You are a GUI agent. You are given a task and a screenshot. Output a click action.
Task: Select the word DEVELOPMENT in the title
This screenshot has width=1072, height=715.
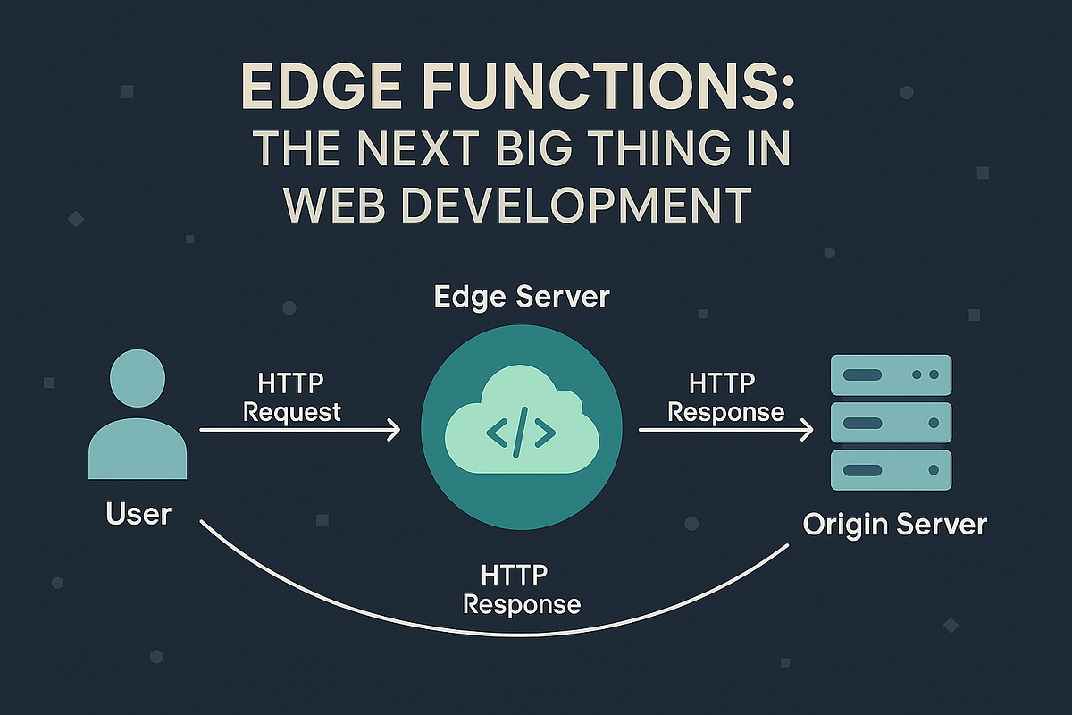pyautogui.click(x=561, y=206)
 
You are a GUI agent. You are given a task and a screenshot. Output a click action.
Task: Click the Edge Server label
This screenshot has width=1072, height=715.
pyautogui.click(x=521, y=297)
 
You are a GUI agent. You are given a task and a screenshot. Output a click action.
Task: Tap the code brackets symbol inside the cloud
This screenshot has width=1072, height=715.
pyautogui.click(x=521, y=433)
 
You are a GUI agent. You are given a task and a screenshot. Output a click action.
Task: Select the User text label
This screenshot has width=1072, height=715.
pyautogui.click(x=138, y=514)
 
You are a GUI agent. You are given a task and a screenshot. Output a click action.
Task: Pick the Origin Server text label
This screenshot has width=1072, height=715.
pyautogui.click(x=894, y=524)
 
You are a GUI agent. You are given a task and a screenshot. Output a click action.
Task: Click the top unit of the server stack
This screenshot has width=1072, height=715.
pyautogui.click(x=892, y=375)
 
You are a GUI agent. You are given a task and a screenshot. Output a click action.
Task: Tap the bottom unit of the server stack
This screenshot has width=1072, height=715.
pyautogui.click(x=892, y=470)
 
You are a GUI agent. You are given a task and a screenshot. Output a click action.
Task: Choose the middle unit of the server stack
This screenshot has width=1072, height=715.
pyautogui.click(x=892, y=423)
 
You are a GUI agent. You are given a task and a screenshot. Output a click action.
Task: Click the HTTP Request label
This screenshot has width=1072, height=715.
pyautogui.click(x=291, y=399)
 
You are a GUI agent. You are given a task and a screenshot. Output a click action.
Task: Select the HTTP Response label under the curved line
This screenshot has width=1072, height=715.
pyautogui.click(x=522, y=589)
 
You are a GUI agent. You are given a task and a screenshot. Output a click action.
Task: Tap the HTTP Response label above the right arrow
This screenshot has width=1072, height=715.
pyautogui.click(x=725, y=399)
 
